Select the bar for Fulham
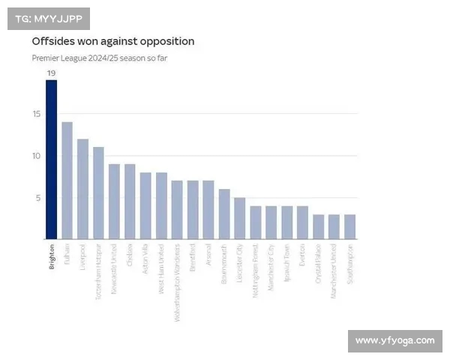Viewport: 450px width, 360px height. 67,180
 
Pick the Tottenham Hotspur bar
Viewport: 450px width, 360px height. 98,193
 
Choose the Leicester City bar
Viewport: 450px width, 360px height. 240,218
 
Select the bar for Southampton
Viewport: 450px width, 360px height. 350,226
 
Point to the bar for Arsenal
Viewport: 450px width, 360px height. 208,210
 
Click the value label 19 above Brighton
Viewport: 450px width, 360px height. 51,73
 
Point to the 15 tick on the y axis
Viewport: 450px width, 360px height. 35,114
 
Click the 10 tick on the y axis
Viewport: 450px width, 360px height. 35,156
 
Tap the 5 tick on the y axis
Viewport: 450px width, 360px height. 37,198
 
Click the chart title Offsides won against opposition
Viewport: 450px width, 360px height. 112,41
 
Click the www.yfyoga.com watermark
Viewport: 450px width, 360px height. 394,340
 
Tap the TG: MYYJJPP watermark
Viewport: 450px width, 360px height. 49,18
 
